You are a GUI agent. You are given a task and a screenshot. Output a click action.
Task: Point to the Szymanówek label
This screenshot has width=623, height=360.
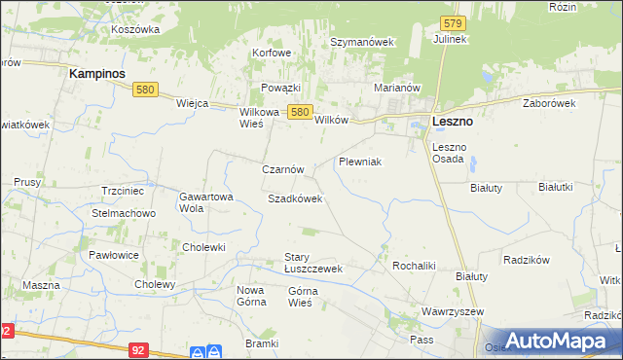(361, 43)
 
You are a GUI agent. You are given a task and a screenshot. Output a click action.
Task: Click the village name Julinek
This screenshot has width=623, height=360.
(452, 39)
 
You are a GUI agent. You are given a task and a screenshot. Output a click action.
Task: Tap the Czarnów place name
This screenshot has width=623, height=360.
(283, 169)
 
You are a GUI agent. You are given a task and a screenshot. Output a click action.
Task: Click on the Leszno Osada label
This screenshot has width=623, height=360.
(449, 154)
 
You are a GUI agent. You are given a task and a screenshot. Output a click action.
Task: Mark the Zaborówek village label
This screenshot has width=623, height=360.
(549, 102)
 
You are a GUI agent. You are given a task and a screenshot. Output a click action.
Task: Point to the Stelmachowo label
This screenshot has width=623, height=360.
(124, 213)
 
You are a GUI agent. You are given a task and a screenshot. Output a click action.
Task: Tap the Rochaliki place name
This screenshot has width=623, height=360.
(413, 266)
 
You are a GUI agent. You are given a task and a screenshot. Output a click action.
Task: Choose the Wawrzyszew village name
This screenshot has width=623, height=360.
(453, 312)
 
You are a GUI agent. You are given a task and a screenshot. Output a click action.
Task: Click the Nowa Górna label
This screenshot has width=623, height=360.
(251, 296)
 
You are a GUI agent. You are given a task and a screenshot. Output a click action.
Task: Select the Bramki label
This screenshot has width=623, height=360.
(262, 344)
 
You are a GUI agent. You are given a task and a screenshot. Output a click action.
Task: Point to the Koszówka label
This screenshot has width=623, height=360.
(135, 29)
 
